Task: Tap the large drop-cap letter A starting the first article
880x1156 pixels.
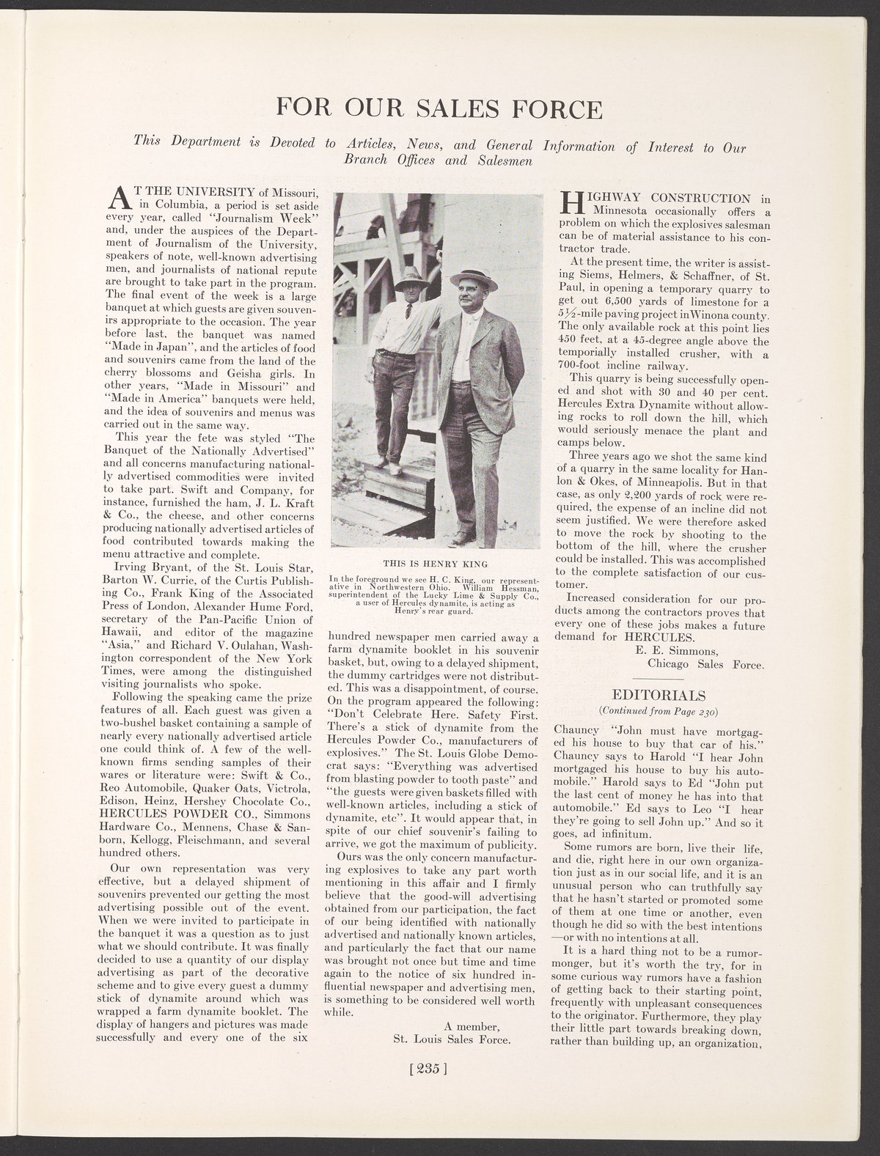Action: (117, 198)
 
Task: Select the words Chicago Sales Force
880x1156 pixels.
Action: (705, 664)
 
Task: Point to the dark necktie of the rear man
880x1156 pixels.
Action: (408, 310)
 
